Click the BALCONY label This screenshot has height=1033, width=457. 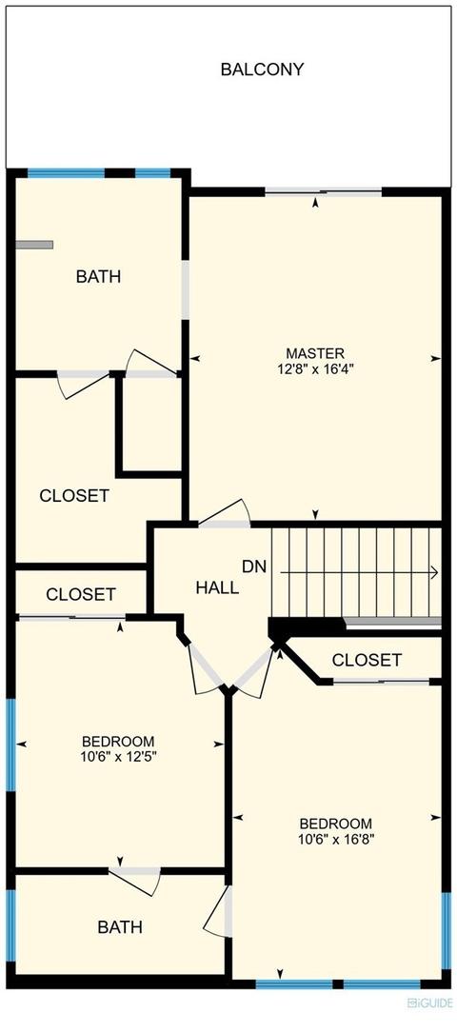point(262,70)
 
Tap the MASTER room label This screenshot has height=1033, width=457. point(315,353)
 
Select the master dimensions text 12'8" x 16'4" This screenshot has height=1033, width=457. point(315,369)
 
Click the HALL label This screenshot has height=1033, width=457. point(217,588)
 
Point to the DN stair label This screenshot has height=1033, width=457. point(255,566)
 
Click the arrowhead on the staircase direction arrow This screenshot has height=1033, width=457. point(434,573)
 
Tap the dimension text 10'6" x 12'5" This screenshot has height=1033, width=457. point(118,757)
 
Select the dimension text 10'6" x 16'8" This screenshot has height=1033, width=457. point(336,839)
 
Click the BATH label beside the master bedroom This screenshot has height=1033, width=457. point(98,277)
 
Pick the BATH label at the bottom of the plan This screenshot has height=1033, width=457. point(120,927)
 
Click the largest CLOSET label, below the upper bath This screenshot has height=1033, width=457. point(74,496)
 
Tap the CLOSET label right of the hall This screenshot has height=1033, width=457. point(367,660)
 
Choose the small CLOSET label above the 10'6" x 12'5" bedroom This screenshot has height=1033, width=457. point(81,594)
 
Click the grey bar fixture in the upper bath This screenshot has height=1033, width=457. point(34,245)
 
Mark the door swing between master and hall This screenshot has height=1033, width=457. point(225,514)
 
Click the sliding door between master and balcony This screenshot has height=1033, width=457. point(324,192)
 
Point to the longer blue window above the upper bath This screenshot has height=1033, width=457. point(66,173)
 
